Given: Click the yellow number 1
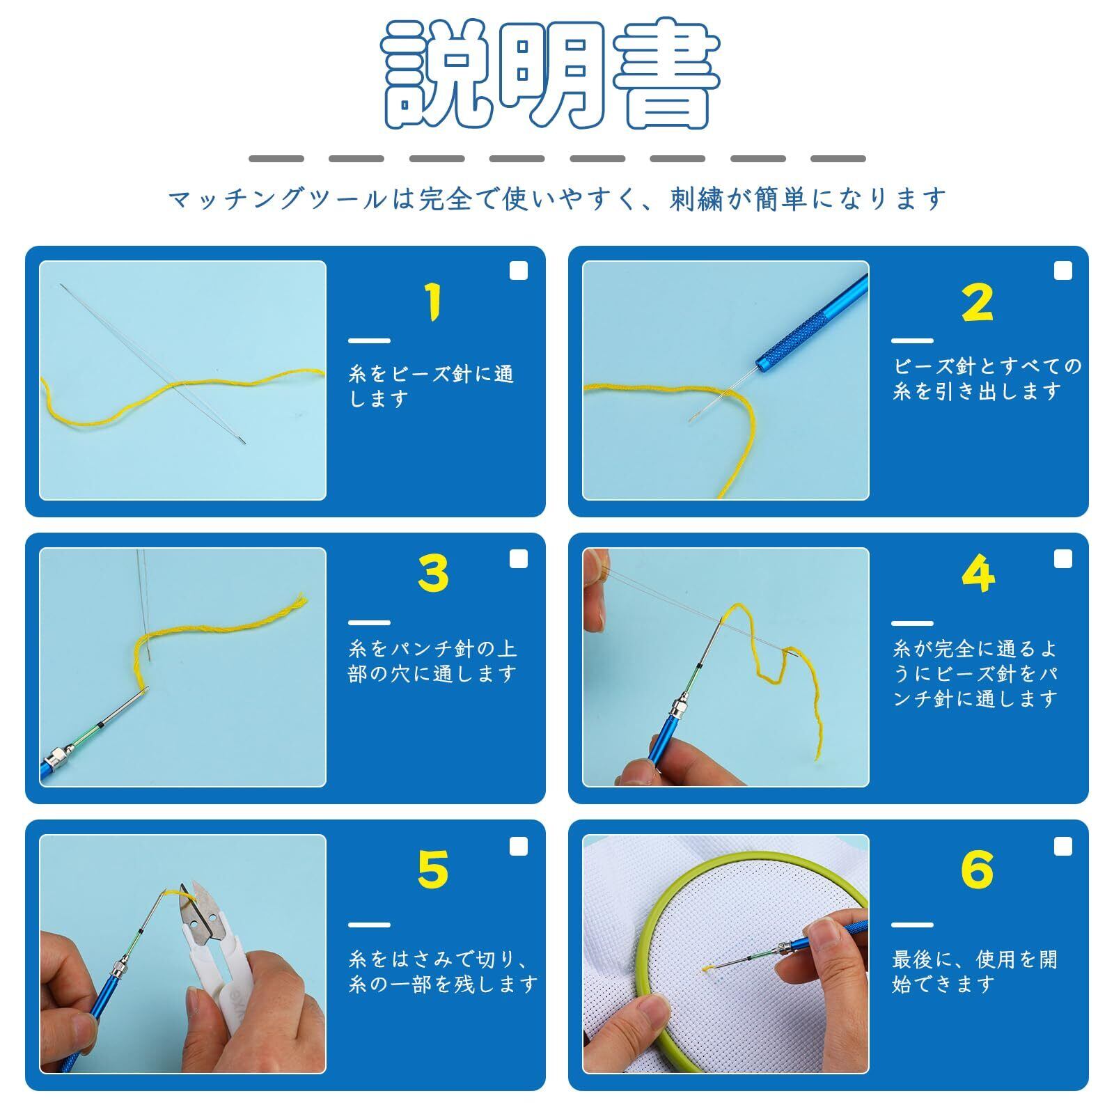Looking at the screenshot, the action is tap(434, 302).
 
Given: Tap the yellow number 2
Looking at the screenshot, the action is tap(978, 302).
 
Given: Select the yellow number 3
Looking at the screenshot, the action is tap(434, 574).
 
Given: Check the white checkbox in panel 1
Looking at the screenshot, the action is tap(519, 271).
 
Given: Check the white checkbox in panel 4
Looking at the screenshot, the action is tap(1062, 558).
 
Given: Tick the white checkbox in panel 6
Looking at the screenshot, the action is tap(1062, 846).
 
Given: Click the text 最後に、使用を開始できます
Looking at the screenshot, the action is tap(975, 972).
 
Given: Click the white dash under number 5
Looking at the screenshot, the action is tap(369, 925).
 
